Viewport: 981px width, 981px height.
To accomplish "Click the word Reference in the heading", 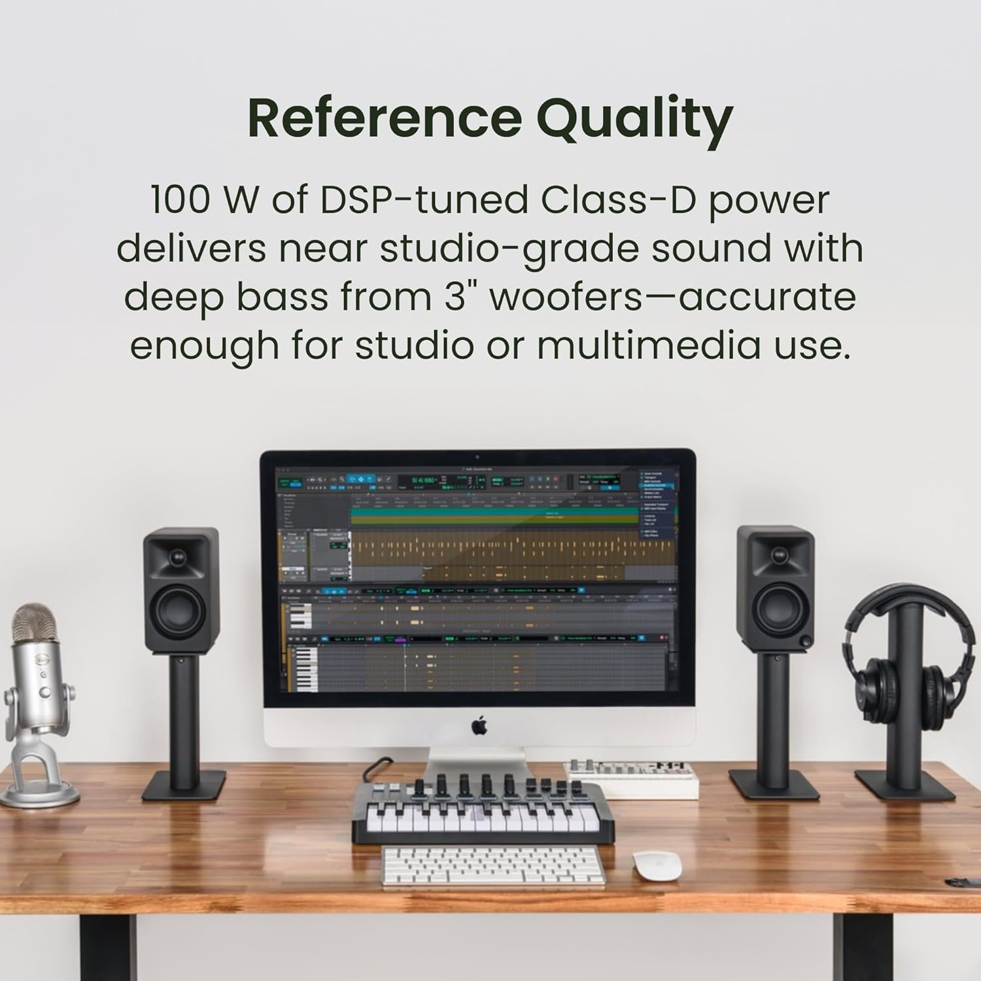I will [x=384, y=118].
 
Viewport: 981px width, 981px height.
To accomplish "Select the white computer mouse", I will [x=657, y=865].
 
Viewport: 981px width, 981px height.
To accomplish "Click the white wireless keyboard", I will [x=492, y=867].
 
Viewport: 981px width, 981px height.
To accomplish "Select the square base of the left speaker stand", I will [x=184, y=785].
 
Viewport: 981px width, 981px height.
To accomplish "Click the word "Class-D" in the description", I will [x=618, y=201].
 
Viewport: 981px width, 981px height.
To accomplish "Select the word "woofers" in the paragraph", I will [x=566, y=298].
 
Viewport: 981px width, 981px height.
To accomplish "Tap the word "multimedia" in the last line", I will [x=648, y=346].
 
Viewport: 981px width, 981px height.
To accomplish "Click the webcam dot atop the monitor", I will [x=477, y=456].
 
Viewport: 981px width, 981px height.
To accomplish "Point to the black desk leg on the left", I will [x=109, y=948].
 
